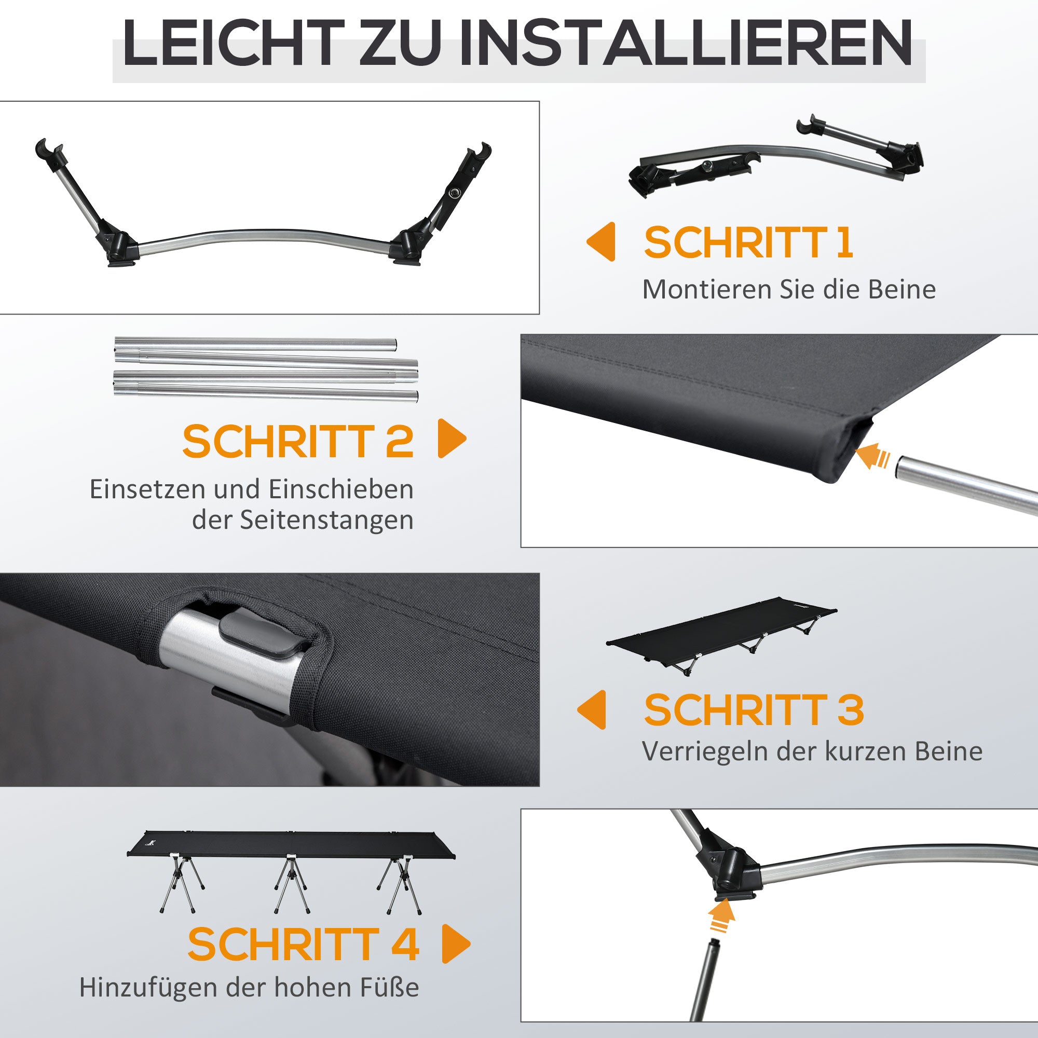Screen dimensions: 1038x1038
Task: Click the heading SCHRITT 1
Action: click(748, 243)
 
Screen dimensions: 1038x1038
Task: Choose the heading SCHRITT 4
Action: click(303, 944)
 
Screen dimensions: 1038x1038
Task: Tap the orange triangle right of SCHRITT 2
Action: click(452, 439)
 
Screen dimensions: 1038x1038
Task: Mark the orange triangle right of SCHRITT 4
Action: click(456, 944)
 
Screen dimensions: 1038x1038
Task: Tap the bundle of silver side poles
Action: click(266, 368)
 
